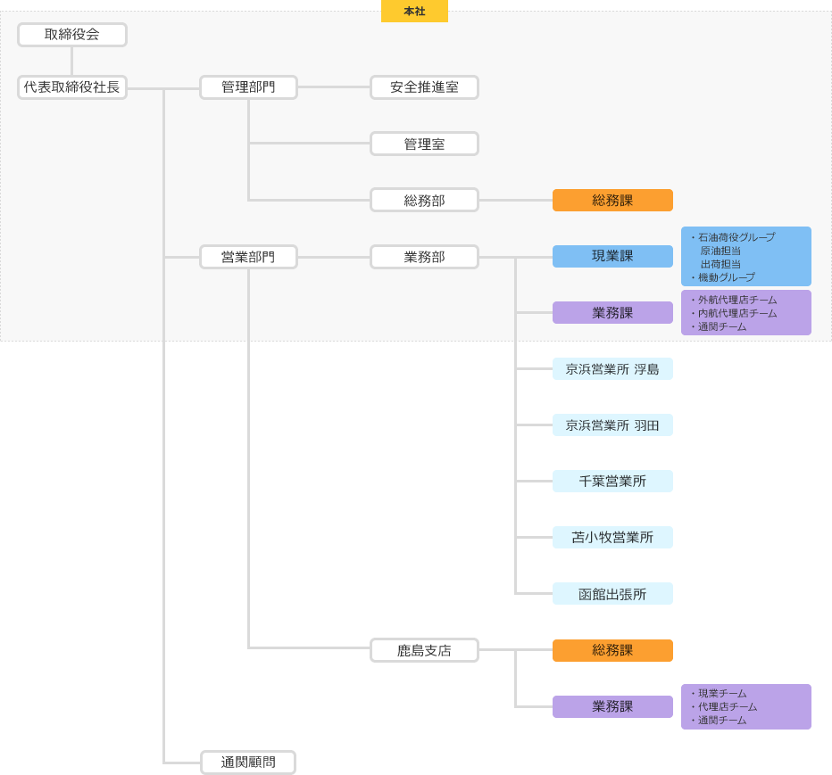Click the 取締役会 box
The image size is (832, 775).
click(x=72, y=35)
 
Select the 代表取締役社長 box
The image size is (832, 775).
click(x=72, y=87)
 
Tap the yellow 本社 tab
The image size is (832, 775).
click(x=414, y=12)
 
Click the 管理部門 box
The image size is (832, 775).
click(x=248, y=87)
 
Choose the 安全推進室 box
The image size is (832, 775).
click(x=424, y=87)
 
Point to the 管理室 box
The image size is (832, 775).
click(x=424, y=144)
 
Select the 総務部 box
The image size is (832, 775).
click(x=424, y=200)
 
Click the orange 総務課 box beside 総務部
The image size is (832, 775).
click(x=612, y=200)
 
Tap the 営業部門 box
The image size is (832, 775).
click(x=248, y=257)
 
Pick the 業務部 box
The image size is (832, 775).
click(x=424, y=257)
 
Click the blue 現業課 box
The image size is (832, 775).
click(x=612, y=256)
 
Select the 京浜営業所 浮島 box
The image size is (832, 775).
click(x=612, y=369)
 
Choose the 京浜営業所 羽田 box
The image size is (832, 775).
click(x=612, y=425)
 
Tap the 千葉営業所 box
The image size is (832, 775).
click(x=612, y=482)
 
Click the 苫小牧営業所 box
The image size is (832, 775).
click(x=612, y=538)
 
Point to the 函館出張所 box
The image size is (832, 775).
click(x=612, y=594)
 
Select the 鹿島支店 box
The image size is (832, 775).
click(x=424, y=650)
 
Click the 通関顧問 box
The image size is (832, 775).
click(x=248, y=763)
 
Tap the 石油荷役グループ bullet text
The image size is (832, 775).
click(x=736, y=237)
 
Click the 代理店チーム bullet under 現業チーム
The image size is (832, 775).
click(x=728, y=706)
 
